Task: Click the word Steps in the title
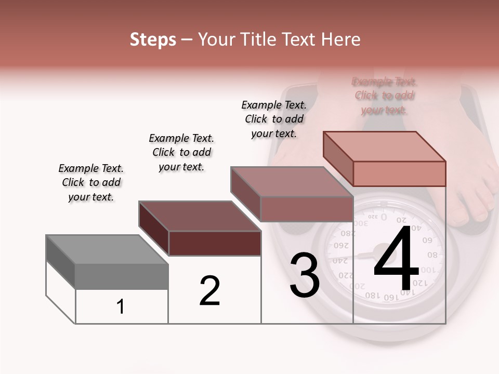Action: (x=153, y=39)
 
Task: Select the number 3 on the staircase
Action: (x=304, y=275)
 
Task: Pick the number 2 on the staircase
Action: (x=209, y=291)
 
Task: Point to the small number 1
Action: (x=121, y=307)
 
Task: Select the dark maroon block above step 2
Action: (x=200, y=229)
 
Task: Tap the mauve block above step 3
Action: (x=292, y=194)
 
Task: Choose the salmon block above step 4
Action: (x=385, y=158)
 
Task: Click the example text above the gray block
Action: (x=91, y=182)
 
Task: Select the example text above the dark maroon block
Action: (x=181, y=152)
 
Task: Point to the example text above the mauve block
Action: (x=274, y=119)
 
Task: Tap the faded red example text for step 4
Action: (x=384, y=96)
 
